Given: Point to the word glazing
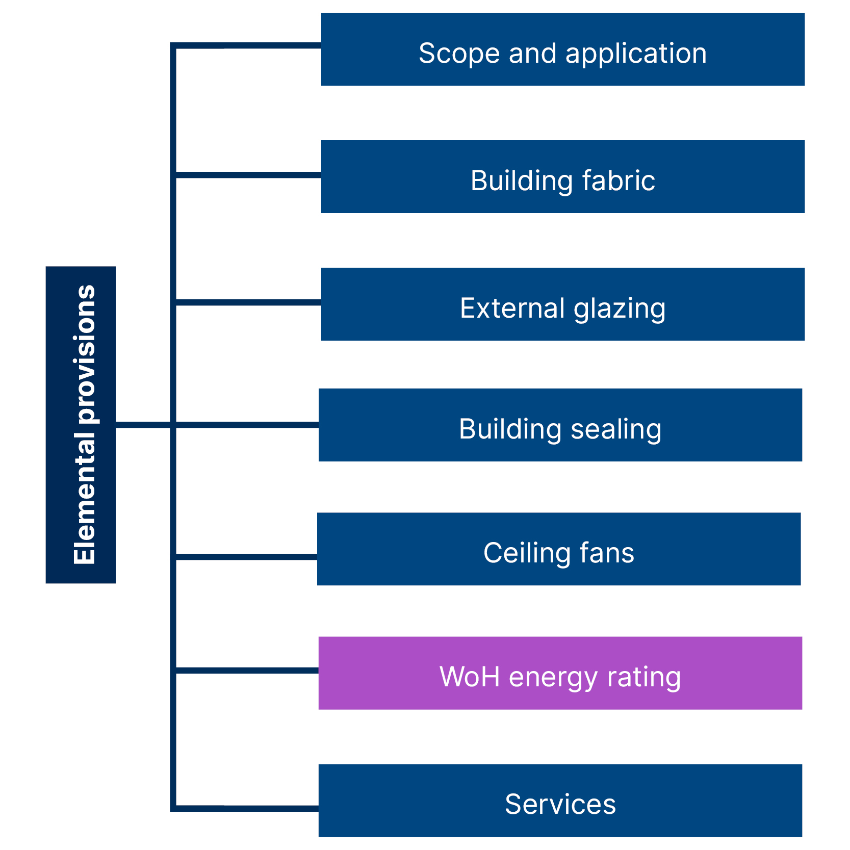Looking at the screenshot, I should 620,309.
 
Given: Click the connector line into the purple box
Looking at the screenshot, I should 247,670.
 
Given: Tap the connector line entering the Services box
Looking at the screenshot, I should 247,808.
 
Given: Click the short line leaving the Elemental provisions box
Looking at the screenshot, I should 143,424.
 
